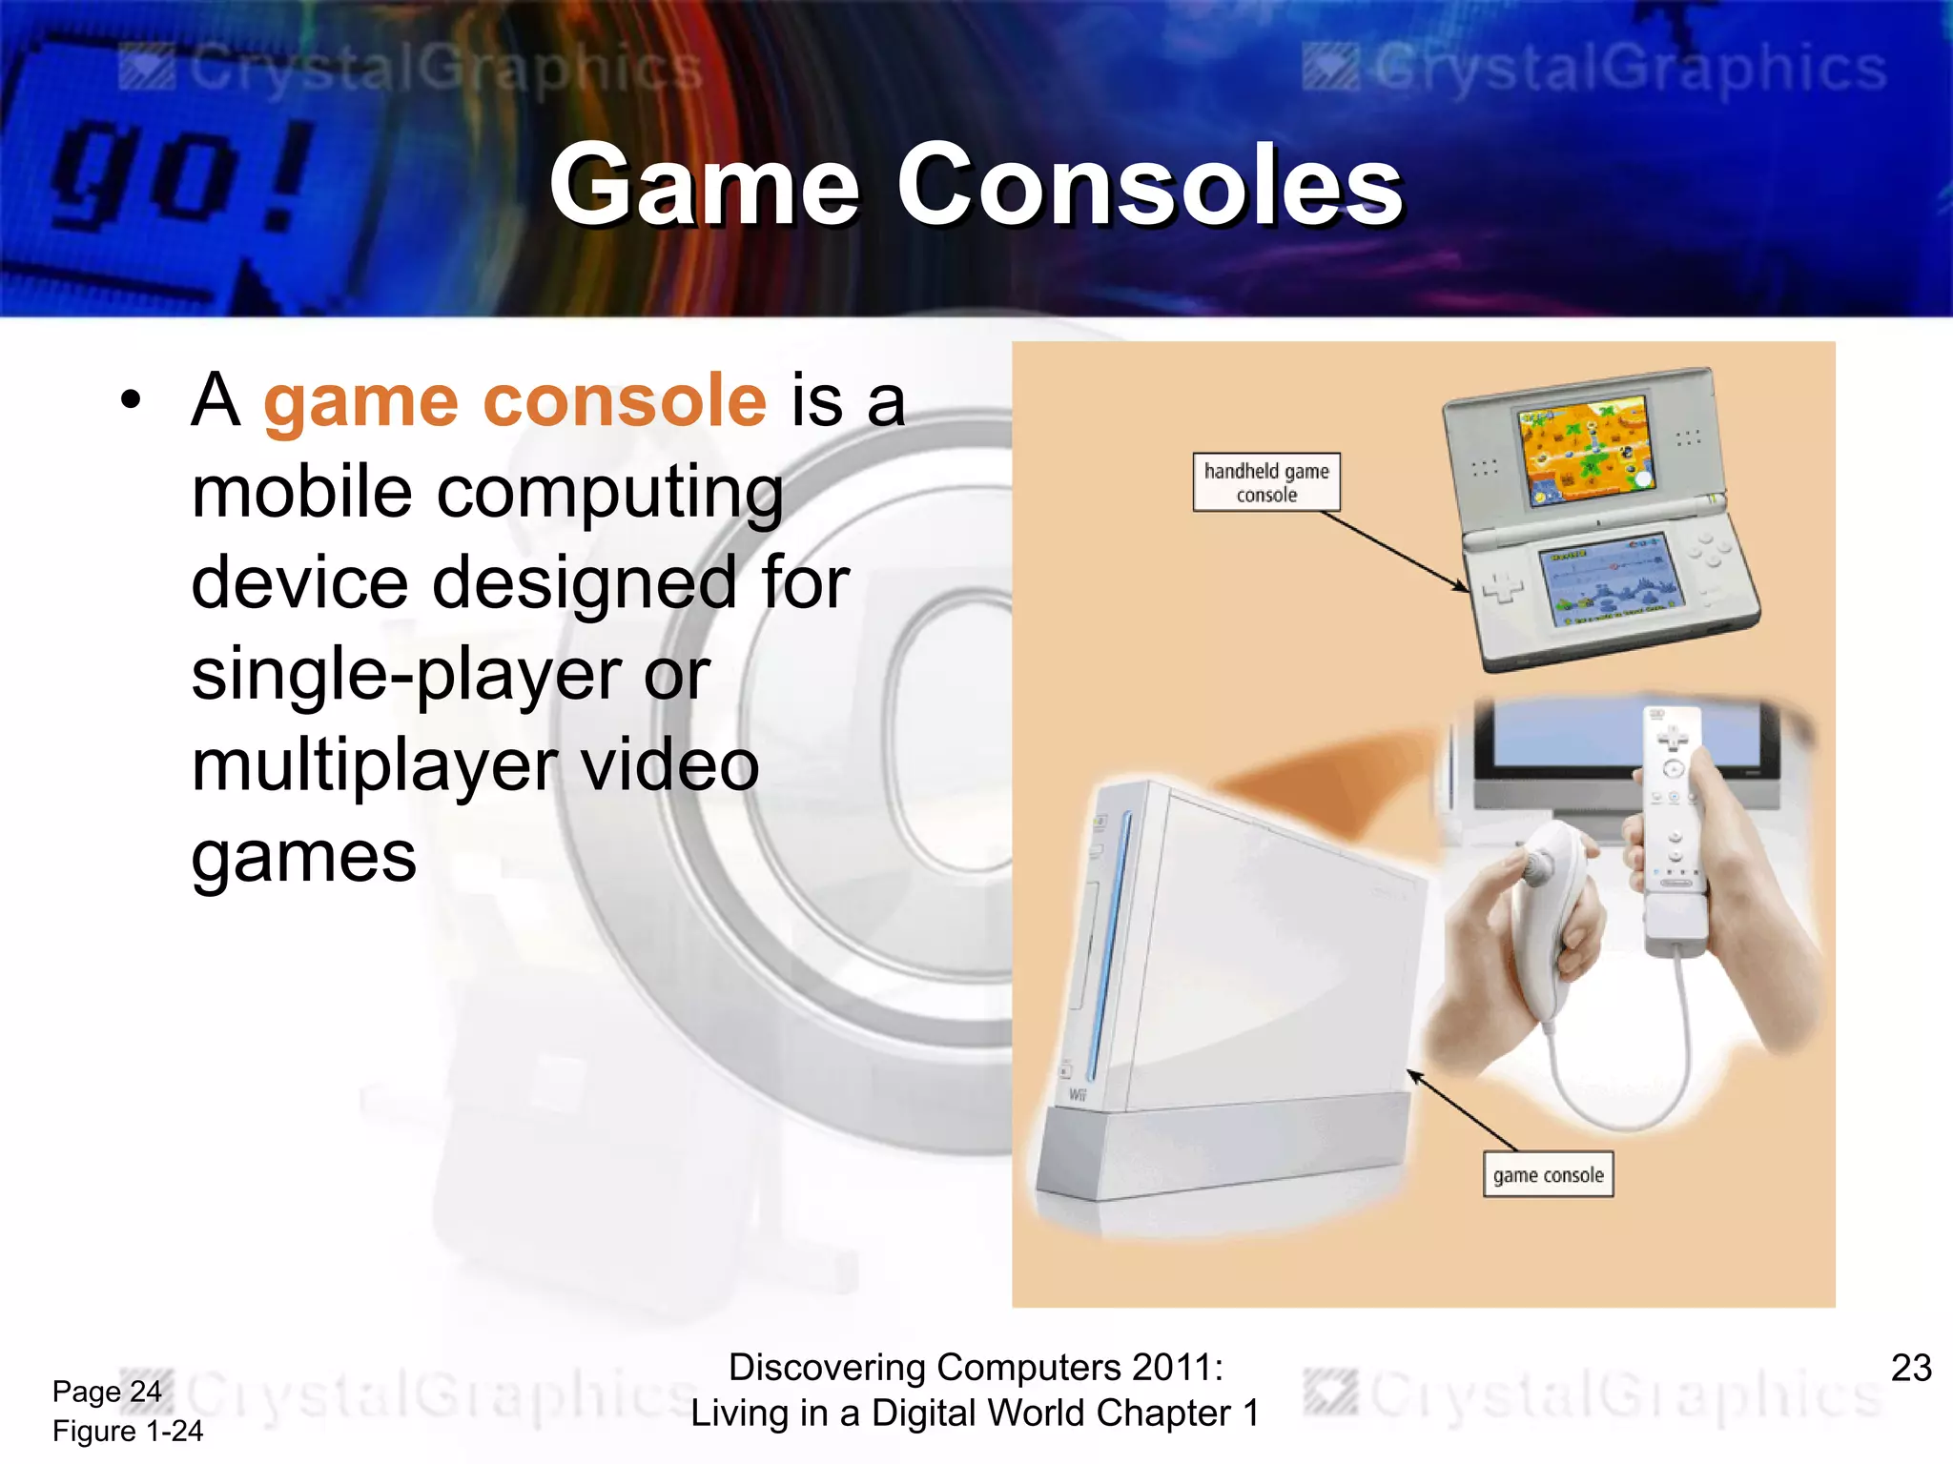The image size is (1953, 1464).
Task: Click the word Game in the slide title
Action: [x=705, y=185]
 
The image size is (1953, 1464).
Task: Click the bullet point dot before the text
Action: [x=132, y=400]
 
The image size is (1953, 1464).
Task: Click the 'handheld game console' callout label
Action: [x=1265, y=482]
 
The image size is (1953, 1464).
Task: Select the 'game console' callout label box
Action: [x=1547, y=1175]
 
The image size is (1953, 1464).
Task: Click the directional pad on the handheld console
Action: [x=1504, y=586]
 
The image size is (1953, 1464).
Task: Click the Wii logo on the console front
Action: [x=1078, y=1094]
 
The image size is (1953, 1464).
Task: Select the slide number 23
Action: [x=1910, y=1368]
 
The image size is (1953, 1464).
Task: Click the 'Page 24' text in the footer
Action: [x=107, y=1392]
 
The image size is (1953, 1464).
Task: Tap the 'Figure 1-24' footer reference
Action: [x=128, y=1431]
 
